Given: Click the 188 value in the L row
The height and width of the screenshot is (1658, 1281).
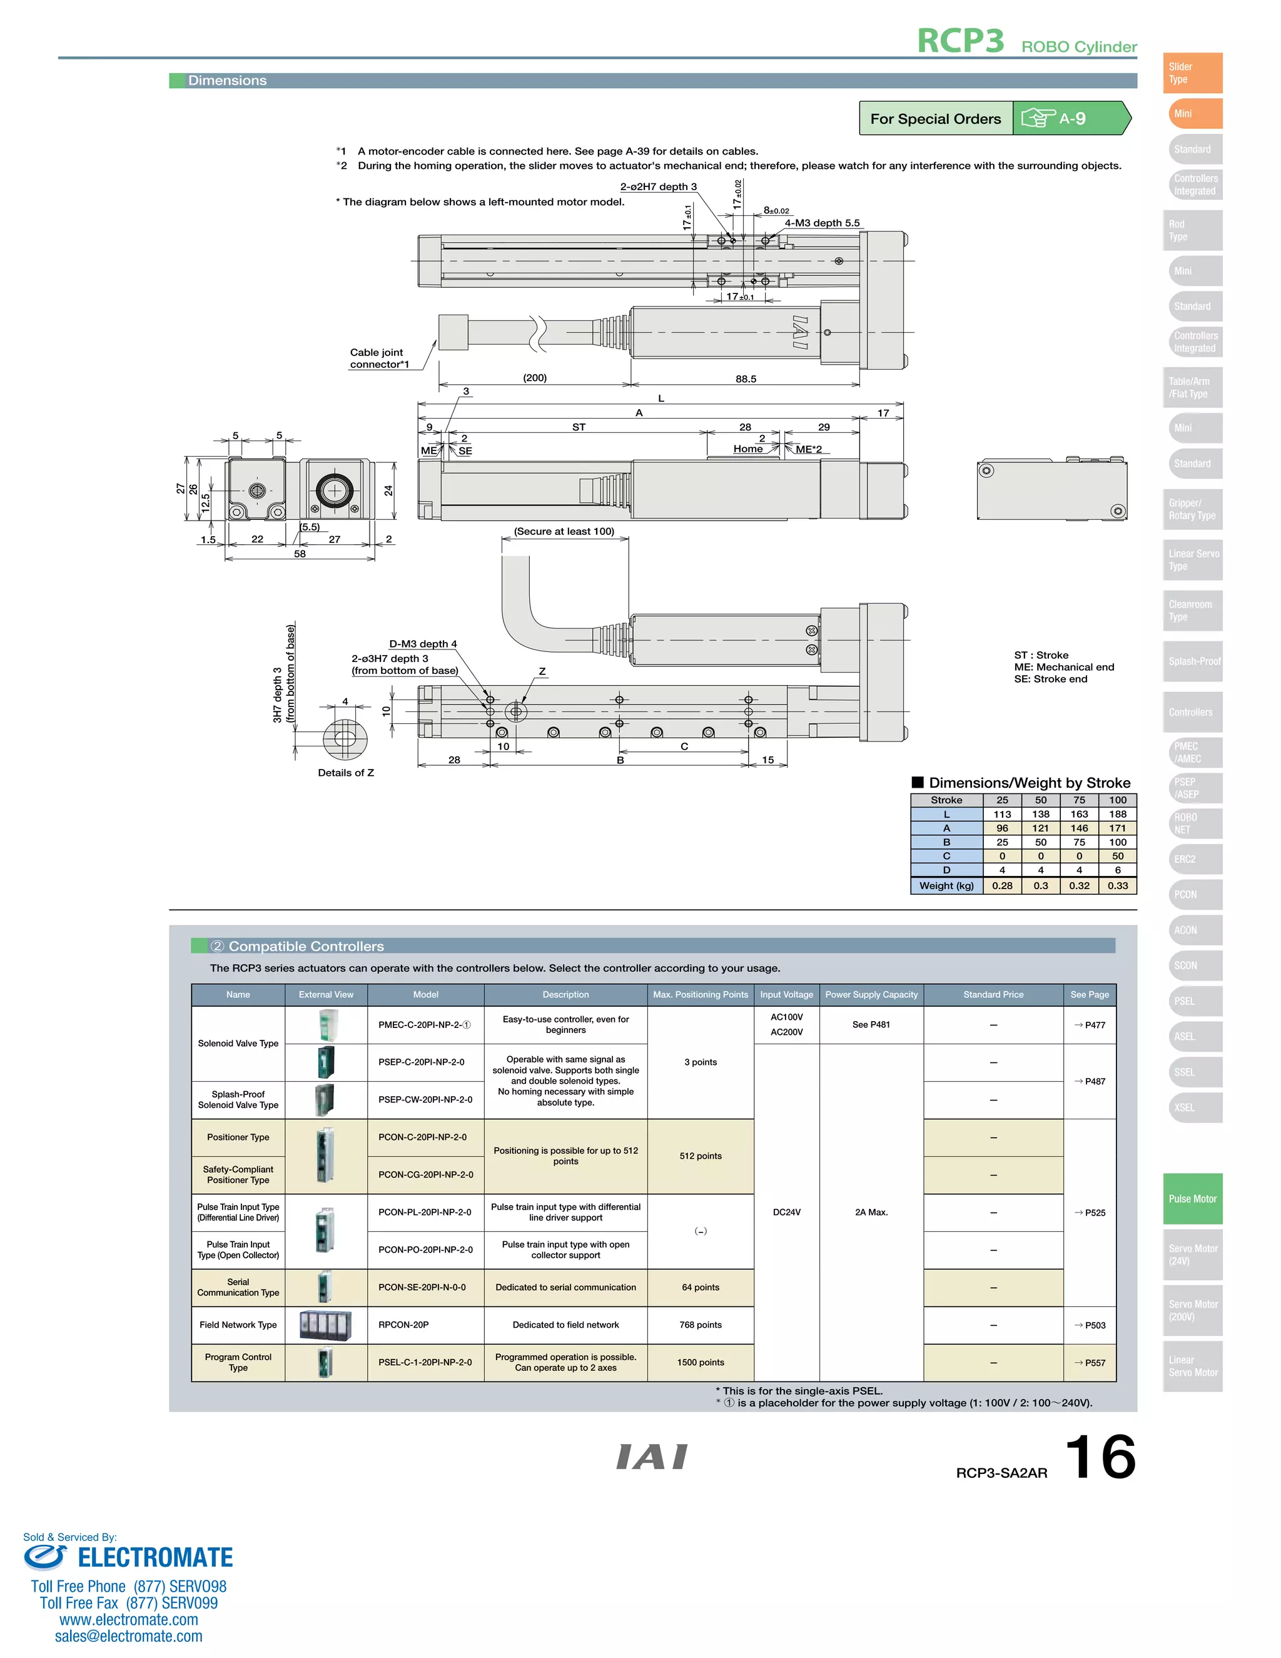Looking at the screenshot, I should [x=1117, y=814].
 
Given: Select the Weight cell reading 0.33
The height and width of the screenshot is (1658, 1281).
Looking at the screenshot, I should [x=1117, y=885].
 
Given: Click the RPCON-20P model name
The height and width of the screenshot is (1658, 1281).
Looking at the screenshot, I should [x=403, y=1325].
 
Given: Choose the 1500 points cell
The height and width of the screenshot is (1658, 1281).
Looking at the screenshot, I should [x=701, y=1362].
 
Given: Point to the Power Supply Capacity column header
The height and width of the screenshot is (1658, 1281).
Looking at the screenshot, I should [x=871, y=995].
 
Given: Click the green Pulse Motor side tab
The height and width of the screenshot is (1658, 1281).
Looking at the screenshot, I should [x=1192, y=1199].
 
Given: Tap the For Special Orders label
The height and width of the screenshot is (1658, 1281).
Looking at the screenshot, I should [x=935, y=118].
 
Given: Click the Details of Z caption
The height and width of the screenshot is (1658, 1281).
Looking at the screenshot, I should [x=346, y=773].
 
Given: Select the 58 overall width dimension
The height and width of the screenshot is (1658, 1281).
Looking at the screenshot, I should [x=300, y=554].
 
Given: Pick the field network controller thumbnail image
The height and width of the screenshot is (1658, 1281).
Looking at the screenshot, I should [x=325, y=1325].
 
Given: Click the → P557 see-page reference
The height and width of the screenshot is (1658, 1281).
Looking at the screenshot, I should [x=1090, y=1363].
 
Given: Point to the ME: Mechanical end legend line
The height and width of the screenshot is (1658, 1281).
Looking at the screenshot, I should [x=1064, y=666].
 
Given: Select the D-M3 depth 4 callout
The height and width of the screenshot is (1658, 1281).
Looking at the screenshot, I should [x=423, y=644].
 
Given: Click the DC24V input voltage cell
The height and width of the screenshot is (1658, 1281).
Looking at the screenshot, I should [x=786, y=1213].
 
